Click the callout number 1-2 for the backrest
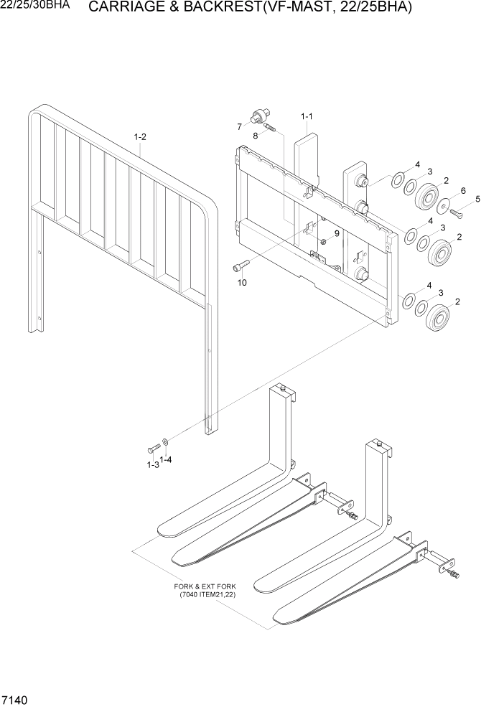click(x=140, y=136)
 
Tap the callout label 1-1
click(x=307, y=116)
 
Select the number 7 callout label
click(x=239, y=126)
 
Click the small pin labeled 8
click(x=269, y=129)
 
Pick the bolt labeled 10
click(x=240, y=267)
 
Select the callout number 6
click(x=463, y=190)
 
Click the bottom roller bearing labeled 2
click(x=437, y=317)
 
